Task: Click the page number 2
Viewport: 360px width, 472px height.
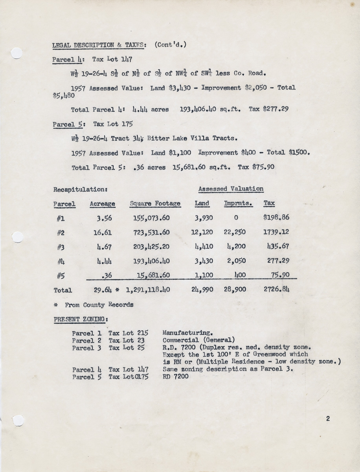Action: pos(328,419)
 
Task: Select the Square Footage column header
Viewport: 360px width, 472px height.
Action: pos(155,204)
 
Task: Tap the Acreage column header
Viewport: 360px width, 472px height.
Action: pos(102,204)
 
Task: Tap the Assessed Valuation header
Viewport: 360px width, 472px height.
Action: pos(231,189)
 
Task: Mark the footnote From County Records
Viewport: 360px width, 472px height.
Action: pos(99,305)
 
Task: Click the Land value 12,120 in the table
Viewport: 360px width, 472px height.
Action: pos(202,232)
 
